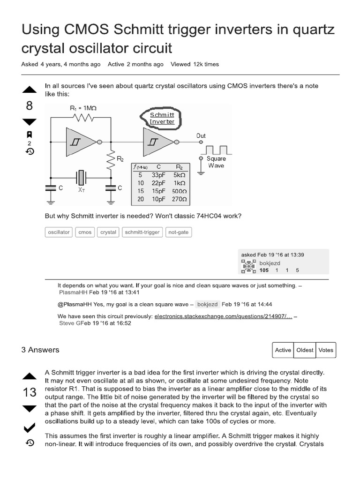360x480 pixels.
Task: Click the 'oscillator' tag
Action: click(x=59, y=232)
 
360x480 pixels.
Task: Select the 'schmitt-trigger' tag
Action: click(x=142, y=232)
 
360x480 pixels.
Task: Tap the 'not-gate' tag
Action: click(x=179, y=232)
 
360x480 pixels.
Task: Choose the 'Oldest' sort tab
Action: click(x=305, y=350)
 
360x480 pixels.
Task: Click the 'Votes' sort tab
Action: click(x=326, y=350)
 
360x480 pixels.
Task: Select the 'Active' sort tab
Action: click(x=283, y=350)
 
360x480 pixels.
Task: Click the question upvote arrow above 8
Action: click(x=29, y=90)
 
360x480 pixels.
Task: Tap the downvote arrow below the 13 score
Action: click(x=29, y=409)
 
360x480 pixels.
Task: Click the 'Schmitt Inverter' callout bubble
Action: click(x=162, y=118)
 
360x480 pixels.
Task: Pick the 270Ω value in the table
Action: click(x=179, y=199)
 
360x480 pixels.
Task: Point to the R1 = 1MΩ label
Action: click(x=83, y=108)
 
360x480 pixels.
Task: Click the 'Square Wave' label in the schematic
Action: click(x=216, y=162)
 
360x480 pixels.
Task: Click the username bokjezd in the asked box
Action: click(x=270, y=263)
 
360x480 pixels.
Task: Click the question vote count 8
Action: click(x=29, y=106)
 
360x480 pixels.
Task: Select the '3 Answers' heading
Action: click(x=40, y=350)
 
